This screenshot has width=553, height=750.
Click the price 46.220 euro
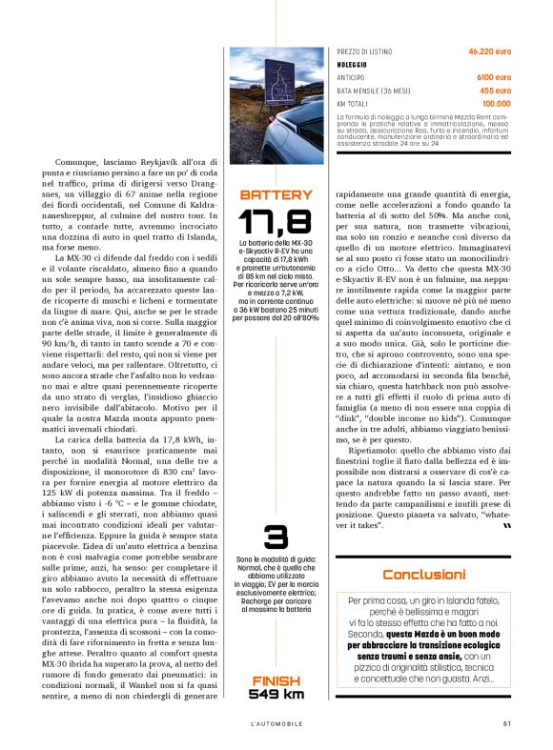coord(489,51)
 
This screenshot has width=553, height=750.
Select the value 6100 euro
coord(492,77)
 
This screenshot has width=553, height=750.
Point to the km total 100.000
coord(496,103)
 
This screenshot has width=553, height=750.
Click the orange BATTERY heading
coord(276,195)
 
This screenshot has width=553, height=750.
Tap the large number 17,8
coord(276,223)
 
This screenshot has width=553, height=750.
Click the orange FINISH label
coord(276,680)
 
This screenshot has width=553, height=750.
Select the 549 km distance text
coord(276,695)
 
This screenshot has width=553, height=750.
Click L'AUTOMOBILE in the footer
coord(276,721)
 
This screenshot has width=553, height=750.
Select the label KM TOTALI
coord(353,103)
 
